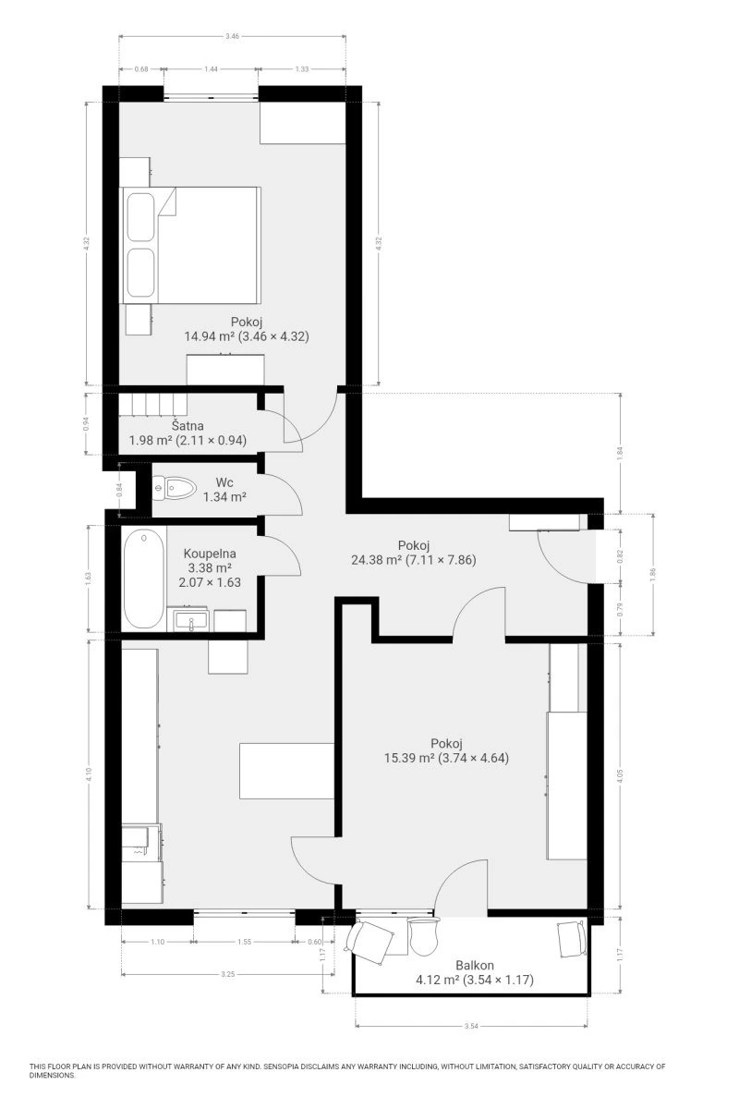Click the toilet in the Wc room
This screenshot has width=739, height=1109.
(x=174, y=488)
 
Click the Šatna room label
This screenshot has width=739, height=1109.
(x=188, y=426)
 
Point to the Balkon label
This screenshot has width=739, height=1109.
(x=475, y=965)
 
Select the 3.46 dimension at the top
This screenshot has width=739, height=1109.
(x=232, y=36)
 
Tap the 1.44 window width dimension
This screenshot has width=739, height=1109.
(x=211, y=69)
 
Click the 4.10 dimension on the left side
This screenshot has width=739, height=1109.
(x=88, y=774)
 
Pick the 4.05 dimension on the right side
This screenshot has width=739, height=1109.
(x=620, y=775)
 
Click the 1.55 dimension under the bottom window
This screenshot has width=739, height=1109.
(x=245, y=942)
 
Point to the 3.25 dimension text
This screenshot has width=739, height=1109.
(x=227, y=974)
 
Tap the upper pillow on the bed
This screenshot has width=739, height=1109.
(x=140, y=217)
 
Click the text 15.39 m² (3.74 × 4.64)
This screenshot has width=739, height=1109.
(x=446, y=758)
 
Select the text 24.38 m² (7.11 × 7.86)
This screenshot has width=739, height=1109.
(x=414, y=559)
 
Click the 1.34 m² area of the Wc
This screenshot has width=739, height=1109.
(x=224, y=496)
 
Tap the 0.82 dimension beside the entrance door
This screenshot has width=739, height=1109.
(x=620, y=556)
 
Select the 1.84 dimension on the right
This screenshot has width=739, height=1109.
(x=620, y=453)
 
